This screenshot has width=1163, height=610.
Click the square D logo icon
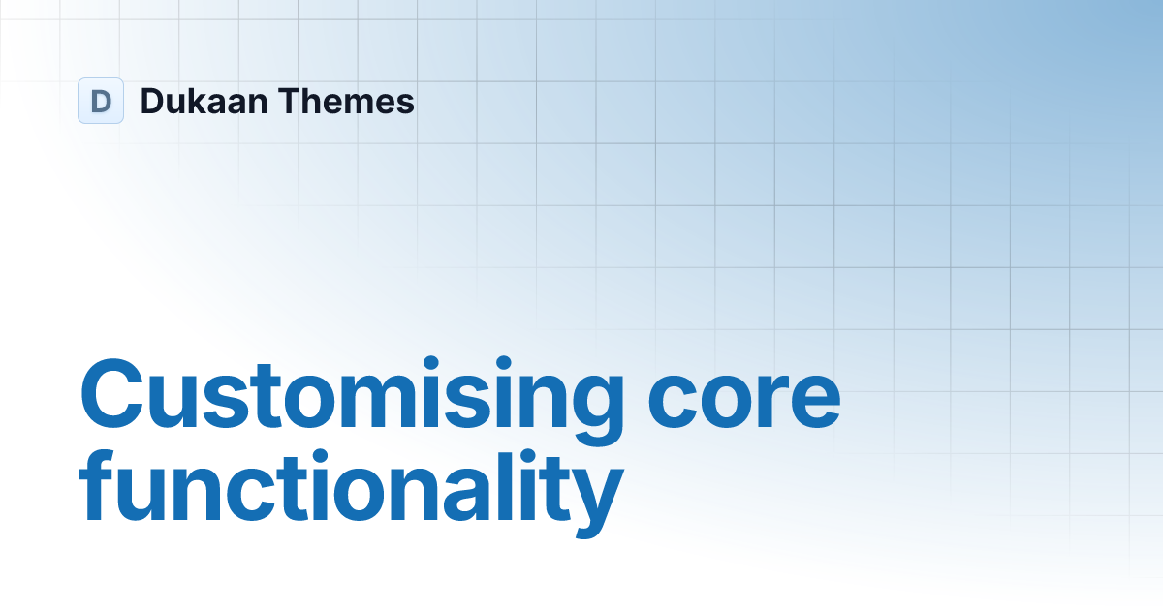[101, 101]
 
